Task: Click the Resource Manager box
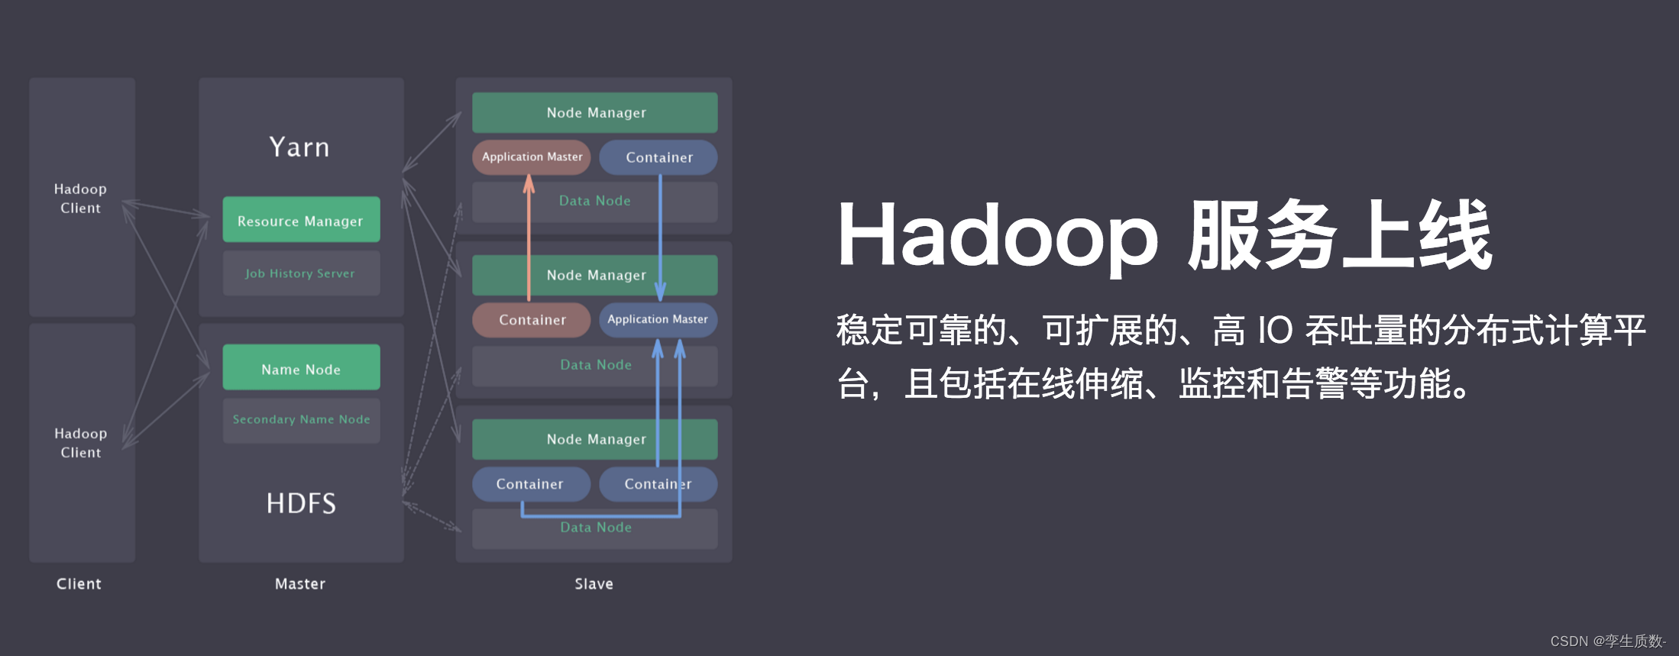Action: coord(301,220)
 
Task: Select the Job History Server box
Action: coord(301,273)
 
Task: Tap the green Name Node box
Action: coord(301,368)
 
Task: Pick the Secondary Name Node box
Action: coord(301,419)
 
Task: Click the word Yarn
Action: coord(299,147)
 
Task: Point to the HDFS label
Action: coord(301,503)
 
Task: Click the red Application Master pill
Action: coord(532,157)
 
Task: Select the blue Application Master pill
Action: coord(658,319)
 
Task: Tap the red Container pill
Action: coord(532,320)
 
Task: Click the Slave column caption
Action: coord(594,583)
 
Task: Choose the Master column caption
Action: coord(299,583)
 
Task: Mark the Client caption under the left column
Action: coord(79,583)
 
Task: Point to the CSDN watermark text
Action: coord(1607,641)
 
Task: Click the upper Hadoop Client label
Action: coord(80,198)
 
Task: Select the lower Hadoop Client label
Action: coord(80,442)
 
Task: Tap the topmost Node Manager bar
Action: coord(595,112)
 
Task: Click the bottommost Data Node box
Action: coord(595,528)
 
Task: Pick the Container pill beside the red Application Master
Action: coord(658,157)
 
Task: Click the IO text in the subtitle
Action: coord(1275,331)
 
